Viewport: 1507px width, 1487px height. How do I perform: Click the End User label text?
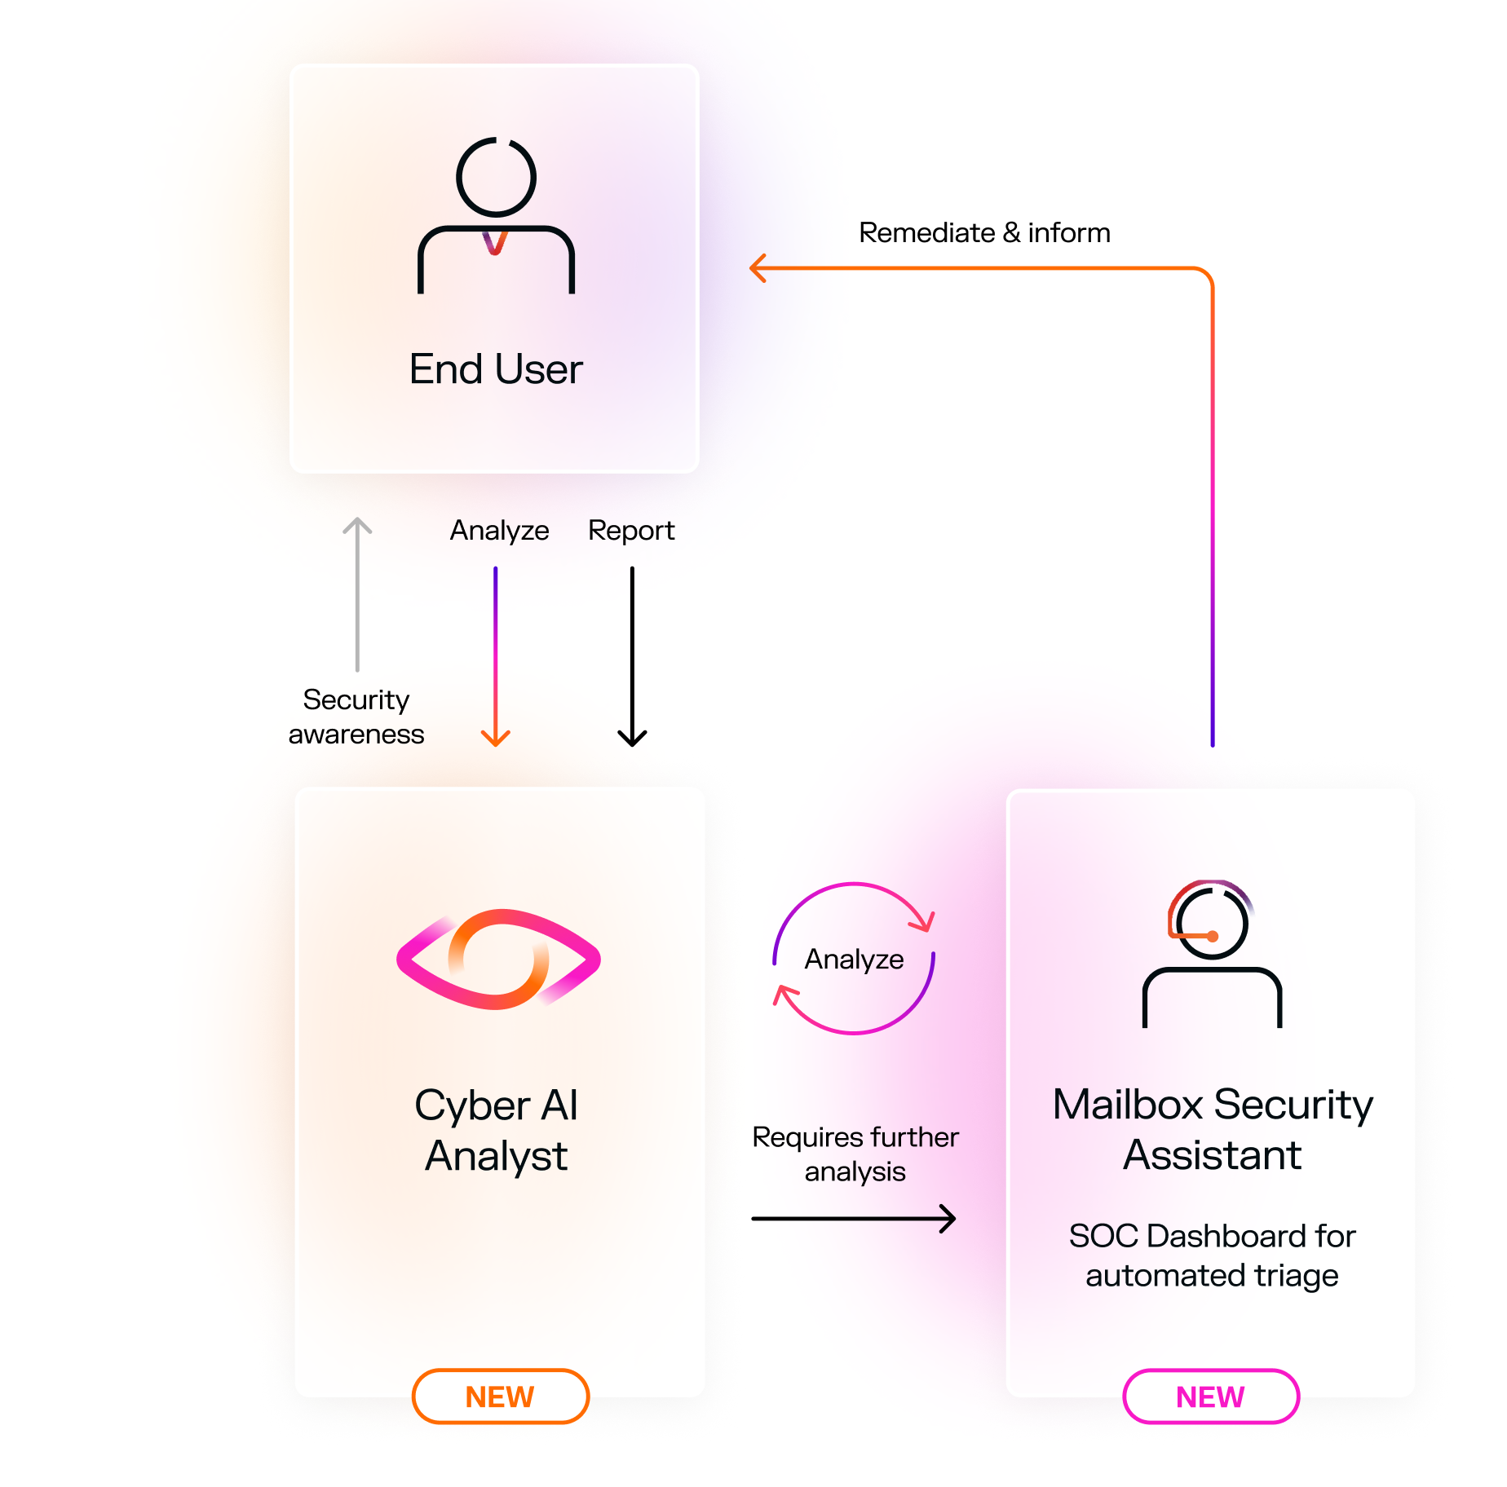(x=496, y=369)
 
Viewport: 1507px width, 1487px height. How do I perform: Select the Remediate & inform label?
(x=984, y=233)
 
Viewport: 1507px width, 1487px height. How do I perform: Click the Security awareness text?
(x=356, y=717)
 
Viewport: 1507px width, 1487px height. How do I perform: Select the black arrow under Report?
(x=632, y=656)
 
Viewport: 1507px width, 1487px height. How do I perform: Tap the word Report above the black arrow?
(x=631, y=531)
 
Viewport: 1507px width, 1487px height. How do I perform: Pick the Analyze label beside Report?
(x=499, y=531)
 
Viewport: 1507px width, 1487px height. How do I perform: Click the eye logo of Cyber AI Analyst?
(x=498, y=960)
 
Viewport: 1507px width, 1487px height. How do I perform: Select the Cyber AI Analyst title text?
(x=496, y=1131)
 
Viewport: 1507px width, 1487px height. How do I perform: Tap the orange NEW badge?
(x=500, y=1397)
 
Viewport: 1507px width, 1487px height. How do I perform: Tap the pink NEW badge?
(x=1210, y=1397)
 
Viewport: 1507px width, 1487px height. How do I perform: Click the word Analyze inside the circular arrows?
(x=854, y=960)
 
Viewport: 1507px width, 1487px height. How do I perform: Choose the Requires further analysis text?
(x=855, y=1154)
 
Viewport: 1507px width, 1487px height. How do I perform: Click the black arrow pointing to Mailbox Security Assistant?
(x=854, y=1219)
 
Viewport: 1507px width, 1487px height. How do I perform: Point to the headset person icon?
(x=1212, y=954)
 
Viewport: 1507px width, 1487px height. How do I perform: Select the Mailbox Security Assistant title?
(x=1213, y=1129)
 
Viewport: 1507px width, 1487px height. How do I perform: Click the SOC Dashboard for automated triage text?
(x=1212, y=1255)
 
